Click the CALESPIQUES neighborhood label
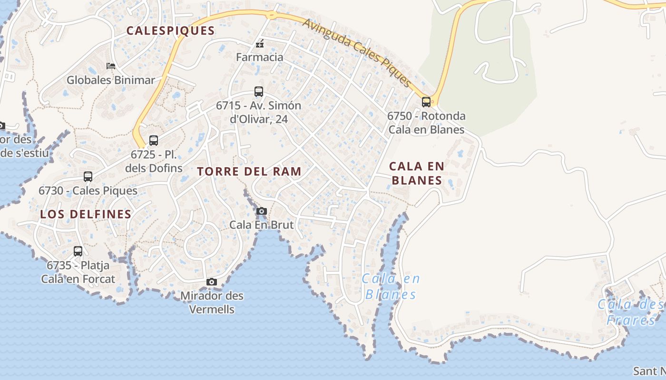pos(170,31)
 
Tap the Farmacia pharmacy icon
pos(260,44)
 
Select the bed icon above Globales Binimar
pos(111,66)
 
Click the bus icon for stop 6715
pos(259,91)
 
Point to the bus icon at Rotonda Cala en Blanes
pos(426,102)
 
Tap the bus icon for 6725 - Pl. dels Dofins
pos(153,141)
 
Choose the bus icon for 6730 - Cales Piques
pos(88,177)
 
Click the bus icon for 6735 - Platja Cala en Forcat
pos(78,251)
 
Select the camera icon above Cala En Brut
pos(261,211)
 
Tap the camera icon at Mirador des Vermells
pos(212,282)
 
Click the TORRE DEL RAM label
pos(249,171)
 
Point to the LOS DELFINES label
pos(86,214)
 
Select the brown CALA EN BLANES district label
pos(416,173)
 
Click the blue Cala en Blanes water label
pos(391,286)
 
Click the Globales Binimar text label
pos(111,80)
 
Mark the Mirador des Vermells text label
pos(212,303)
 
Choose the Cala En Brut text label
pos(261,225)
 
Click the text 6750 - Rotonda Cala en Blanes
pos(426,123)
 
